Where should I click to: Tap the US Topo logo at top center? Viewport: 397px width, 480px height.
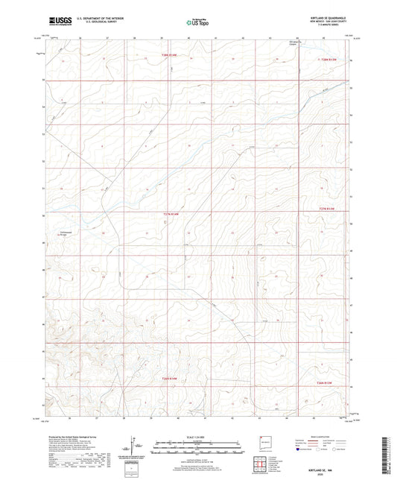pyautogui.click(x=195, y=22)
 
